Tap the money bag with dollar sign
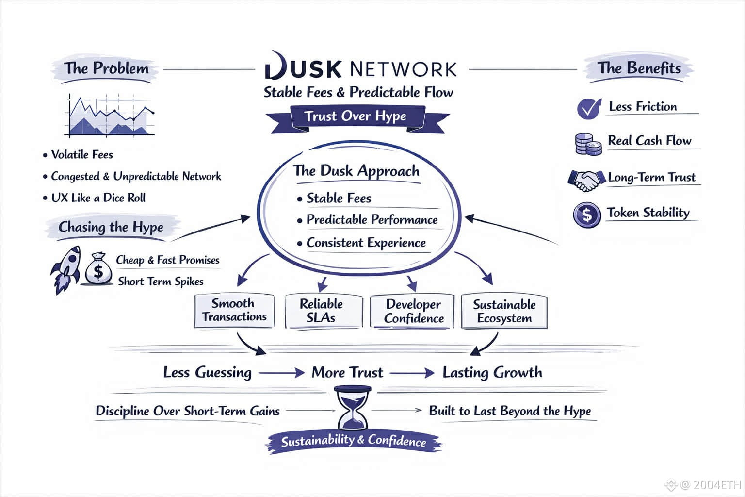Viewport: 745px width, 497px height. click(x=98, y=268)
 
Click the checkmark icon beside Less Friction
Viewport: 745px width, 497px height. click(x=589, y=108)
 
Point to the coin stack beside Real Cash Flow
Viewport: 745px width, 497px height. click(x=587, y=144)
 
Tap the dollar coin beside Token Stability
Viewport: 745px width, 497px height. click(x=586, y=214)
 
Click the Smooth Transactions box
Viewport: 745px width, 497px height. click(x=234, y=310)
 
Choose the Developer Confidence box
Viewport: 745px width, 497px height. click(x=412, y=311)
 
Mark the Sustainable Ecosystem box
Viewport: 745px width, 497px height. click(x=504, y=311)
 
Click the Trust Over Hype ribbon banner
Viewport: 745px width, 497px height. click(x=356, y=116)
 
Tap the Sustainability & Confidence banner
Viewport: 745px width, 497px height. click(x=354, y=441)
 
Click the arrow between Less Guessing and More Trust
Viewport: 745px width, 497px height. click(x=281, y=373)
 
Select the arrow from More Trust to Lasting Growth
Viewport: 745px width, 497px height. click(x=412, y=373)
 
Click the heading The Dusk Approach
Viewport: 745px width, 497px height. click(x=356, y=171)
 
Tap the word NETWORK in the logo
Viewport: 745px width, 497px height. click(x=403, y=69)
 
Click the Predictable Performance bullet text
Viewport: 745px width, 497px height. click(x=372, y=220)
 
